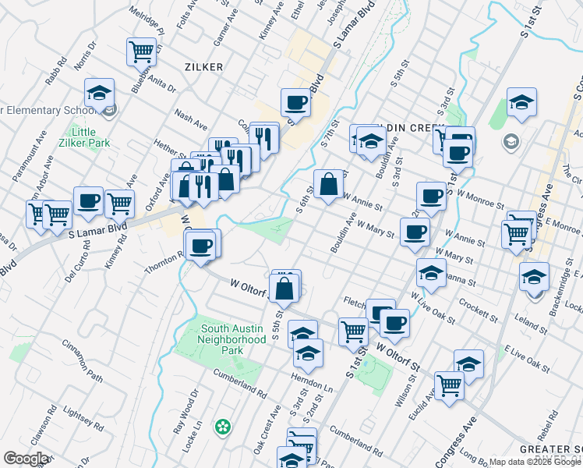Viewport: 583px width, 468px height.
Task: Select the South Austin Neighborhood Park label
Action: point(231,339)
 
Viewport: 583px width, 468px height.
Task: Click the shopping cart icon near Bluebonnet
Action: point(141,51)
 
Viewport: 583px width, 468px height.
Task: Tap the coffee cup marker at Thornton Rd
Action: point(202,246)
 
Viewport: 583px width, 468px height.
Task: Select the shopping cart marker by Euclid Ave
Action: point(449,385)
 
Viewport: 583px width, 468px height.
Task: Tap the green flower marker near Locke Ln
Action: point(224,426)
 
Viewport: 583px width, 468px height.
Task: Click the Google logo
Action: point(25,459)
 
